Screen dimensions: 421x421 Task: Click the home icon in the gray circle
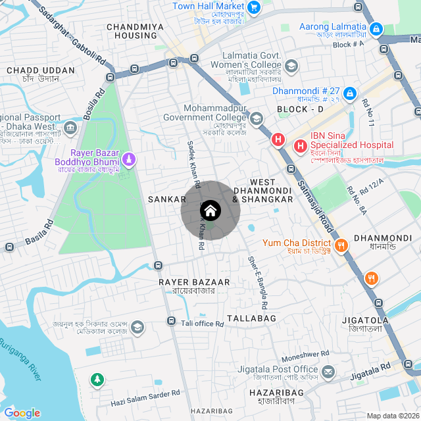tap(210, 210)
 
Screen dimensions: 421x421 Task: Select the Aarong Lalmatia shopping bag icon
tap(376, 30)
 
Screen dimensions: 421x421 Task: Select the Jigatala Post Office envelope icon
tap(328, 373)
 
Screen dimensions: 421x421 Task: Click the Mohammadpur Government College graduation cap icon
tap(256, 119)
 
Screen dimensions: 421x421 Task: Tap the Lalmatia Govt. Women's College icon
tap(291, 66)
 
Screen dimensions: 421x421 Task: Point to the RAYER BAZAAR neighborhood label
tap(194, 282)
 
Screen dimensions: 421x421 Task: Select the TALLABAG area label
tap(251, 318)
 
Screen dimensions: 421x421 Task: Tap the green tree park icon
tap(97, 380)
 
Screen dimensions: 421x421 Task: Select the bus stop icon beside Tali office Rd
tap(171, 322)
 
